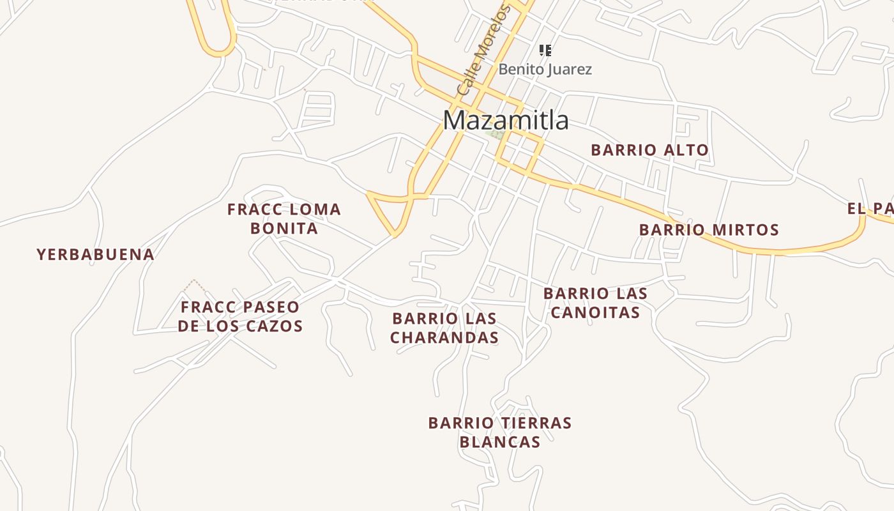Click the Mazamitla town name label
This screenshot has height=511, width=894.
point(506,120)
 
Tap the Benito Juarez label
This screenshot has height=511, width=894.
point(545,69)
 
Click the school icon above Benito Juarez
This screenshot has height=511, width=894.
point(545,50)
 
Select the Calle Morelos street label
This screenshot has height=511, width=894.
point(483,51)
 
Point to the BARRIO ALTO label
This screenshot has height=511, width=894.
point(649,150)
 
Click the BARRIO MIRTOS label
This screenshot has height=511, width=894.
point(709,229)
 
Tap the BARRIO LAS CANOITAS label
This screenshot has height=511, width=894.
point(595,303)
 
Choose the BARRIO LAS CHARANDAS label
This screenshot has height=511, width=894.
point(444,328)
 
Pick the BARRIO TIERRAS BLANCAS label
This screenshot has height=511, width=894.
point(500,432)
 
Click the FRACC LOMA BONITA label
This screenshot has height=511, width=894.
point(284,218)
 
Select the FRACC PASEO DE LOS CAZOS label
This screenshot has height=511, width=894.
point(240,316)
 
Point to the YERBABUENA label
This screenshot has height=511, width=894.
point(96,255)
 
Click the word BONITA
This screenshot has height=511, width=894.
point(284,229)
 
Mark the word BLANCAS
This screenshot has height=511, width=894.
point(500,442)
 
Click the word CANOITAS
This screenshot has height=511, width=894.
point(595,312)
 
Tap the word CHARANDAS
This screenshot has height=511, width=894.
point(444,338)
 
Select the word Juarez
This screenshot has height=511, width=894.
point(568,69)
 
